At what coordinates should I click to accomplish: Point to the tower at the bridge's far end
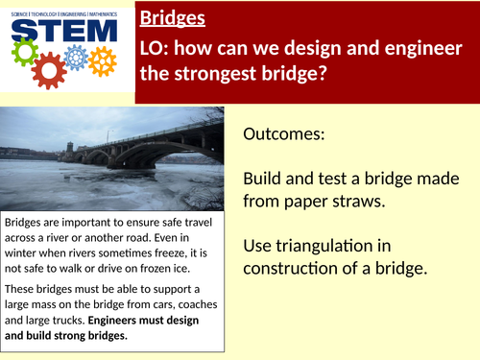(67, 148)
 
